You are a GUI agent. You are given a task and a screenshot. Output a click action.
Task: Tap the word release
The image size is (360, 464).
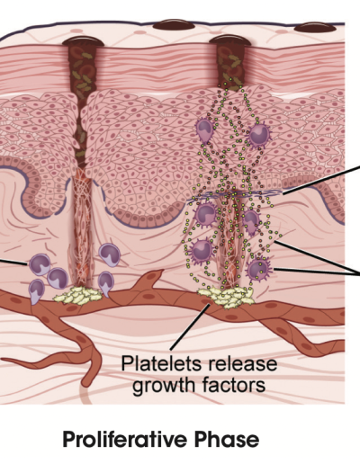point(239,363)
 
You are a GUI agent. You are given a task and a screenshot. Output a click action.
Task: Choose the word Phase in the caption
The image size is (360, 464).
point(226,440)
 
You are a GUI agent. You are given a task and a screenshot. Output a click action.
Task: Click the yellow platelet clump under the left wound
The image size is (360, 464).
point(78,295)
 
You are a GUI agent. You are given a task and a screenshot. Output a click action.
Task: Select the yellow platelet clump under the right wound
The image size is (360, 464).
point(226,298)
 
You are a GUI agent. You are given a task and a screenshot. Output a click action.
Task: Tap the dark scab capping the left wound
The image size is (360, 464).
point(83,40)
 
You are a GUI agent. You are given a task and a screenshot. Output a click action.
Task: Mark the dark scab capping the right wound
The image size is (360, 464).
point(229,40)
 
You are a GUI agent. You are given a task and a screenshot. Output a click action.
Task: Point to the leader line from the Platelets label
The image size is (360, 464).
point(190,326)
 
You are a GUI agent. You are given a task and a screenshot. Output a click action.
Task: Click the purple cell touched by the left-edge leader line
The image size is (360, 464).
point(40,264)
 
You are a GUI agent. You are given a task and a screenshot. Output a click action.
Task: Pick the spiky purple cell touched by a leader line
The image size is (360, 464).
point(258,270)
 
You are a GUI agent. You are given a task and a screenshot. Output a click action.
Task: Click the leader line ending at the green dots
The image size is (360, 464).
point(318,258)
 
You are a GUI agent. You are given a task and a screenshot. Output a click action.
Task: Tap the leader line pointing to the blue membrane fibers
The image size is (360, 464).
point(321,179)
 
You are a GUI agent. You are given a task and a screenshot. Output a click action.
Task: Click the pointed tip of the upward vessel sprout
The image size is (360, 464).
point(162,270)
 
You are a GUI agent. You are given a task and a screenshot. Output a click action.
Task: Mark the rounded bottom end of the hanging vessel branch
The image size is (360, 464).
point(86,383)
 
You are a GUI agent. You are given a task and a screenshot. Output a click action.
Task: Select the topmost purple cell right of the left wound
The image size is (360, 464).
point(110,254)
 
